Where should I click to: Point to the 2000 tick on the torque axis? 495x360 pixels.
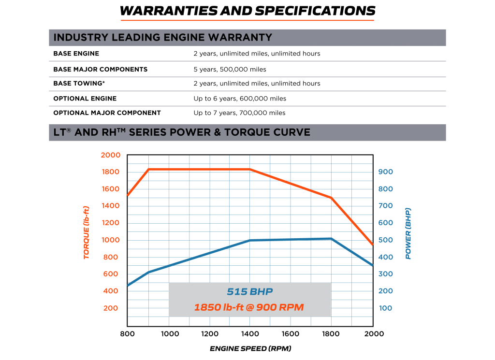pos(111,155)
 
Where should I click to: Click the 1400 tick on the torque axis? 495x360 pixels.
pos(111,206)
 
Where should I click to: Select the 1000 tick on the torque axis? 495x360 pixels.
pos(111,240)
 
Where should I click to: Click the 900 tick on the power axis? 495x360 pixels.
pos(385,172)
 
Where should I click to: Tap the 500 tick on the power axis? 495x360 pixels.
pos(385,240)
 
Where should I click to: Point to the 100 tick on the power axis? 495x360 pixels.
pos(385,308)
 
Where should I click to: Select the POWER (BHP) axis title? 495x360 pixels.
pos(408,233)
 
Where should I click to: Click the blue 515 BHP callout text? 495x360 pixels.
pos(249,292)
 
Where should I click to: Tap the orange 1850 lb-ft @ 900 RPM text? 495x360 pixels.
pos(249,308)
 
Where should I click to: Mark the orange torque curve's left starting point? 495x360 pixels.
pos(128,195)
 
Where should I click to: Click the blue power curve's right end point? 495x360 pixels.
pos(372,265)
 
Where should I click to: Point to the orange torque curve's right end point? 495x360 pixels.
pos(372,245)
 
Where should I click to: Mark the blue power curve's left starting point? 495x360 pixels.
pos(128,286)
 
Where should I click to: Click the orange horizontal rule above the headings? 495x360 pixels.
pos(247,20)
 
